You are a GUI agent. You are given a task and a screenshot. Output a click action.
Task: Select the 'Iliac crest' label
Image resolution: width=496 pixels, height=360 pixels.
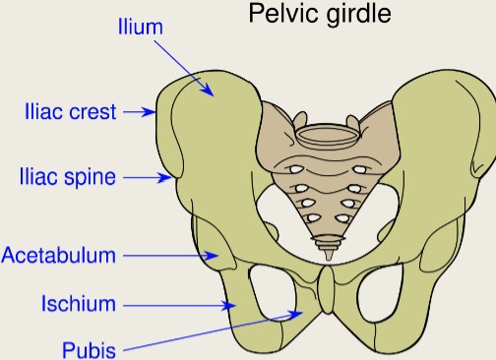click(69, 112)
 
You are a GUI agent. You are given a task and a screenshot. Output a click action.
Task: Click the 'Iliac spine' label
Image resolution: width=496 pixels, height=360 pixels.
click(68, 178)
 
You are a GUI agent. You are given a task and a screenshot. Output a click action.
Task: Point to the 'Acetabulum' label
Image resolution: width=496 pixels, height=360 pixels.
click(58, 256)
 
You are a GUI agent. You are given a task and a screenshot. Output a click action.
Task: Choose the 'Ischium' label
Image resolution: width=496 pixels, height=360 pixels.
click(79, 304)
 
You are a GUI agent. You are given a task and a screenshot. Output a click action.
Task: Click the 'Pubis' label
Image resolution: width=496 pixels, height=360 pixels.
click(90, 349)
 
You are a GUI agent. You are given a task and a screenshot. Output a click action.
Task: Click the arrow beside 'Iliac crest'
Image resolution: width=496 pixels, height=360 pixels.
click(139, 112)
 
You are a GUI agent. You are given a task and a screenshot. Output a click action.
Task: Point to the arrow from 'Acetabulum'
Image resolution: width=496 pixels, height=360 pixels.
click(182, 256)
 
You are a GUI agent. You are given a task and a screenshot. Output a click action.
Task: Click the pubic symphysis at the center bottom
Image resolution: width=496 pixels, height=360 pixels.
click(326, 295)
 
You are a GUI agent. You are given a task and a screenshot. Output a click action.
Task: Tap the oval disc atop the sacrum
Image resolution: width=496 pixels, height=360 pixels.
click(324, 134)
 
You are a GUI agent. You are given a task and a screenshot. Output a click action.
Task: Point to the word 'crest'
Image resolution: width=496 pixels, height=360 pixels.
click(93, 112)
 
